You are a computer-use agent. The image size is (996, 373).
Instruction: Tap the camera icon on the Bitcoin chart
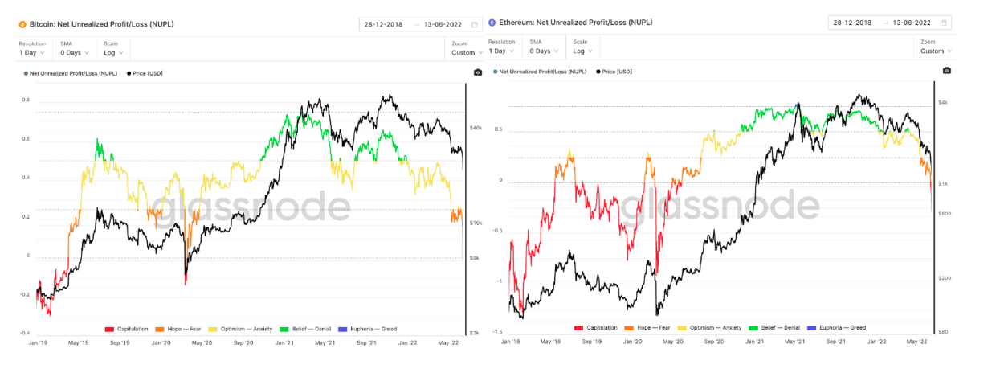coord(478,72)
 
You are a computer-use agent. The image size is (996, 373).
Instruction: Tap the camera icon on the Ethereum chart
coord(946,71)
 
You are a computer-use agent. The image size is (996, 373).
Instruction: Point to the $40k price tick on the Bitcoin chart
coord(476,128)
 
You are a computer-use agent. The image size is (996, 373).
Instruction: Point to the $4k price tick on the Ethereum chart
coord(944,103)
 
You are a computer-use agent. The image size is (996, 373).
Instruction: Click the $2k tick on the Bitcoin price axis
coord(475,332)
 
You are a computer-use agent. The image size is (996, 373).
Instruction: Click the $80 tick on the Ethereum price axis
coord(942,331)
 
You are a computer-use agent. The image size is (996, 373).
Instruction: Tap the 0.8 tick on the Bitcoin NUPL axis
coord(27,100)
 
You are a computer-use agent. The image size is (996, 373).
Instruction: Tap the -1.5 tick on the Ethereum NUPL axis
coord(497,331)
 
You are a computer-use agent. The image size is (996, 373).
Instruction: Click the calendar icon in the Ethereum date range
coord(943,23)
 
